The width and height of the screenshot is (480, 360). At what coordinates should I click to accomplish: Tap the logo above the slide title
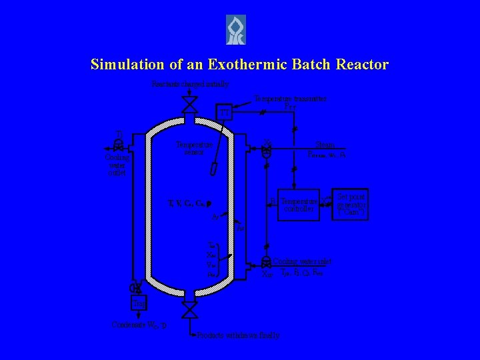tap(235, 30)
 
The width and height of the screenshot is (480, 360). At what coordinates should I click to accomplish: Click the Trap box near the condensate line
tap(139, 304)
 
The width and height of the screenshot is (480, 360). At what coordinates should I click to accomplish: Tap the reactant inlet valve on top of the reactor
tap(190, 104)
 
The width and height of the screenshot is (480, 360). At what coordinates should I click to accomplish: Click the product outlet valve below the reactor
tap(190, 309)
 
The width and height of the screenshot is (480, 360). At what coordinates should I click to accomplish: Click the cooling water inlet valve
tap(266, 262)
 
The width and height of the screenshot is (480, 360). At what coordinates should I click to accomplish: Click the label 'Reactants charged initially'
tap(190, 84)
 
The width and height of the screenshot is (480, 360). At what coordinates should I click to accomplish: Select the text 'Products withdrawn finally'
tap(238, 335)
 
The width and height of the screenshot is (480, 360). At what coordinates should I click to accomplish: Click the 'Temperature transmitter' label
tap(290, 98)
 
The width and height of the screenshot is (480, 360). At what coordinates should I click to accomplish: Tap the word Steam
tap(324, 143)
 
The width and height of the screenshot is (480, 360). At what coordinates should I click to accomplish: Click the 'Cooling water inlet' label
tap(302, 262)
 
